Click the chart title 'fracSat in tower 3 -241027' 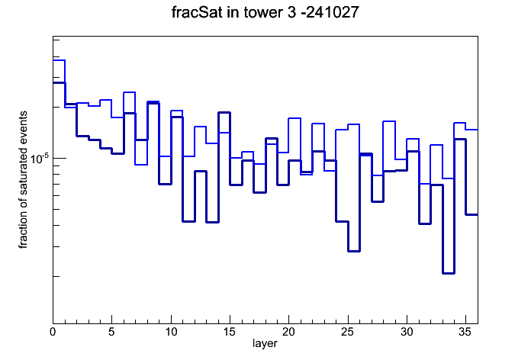[265, 12]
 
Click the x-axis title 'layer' [265, 343]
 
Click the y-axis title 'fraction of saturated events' [23, 179]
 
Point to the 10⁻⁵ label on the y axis [40, 159]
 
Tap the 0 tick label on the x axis [53, 332]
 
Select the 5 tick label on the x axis [111, 332]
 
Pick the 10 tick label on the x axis [171, 332]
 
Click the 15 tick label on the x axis [230, 332]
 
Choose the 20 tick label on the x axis [288, 332]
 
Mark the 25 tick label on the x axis [348, 332]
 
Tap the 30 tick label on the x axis [407, 332]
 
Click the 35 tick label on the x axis [465, 332]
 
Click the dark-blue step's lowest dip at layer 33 [449, 273]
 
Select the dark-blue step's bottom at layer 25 [354, 251]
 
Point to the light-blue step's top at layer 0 [59, 60]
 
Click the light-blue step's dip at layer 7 [141, 165]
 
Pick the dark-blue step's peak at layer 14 [224, 112]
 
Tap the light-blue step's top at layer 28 [389, 121]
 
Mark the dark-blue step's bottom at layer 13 [212, 222]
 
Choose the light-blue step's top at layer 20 [294, 118]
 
